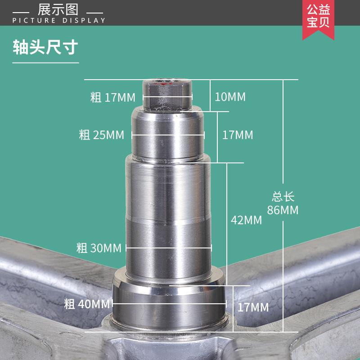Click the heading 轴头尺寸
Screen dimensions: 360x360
(x=45, y=47)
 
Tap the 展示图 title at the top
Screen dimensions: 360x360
(x=58, y=9)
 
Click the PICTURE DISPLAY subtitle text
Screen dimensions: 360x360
(x=59, y=20)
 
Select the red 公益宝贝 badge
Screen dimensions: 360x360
(x=318, y=17)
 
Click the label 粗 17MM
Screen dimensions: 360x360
(x=109, y=97)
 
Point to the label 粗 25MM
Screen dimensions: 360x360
(x=101, y=135)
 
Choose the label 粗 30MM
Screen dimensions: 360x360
(x=99, y=247)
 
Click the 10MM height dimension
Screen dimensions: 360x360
(x=230, y=97)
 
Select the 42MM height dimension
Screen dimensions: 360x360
(x=246, y=220)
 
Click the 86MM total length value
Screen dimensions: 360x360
(x=283, y=210)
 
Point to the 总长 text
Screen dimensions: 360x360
(x=283, y=197)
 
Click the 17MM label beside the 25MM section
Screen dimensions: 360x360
(x=238, y=135)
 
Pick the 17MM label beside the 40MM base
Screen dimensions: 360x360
(x=253, y=307)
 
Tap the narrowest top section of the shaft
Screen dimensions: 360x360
(x=167, y=94)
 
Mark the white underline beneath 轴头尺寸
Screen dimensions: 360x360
(x=45, y=63)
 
